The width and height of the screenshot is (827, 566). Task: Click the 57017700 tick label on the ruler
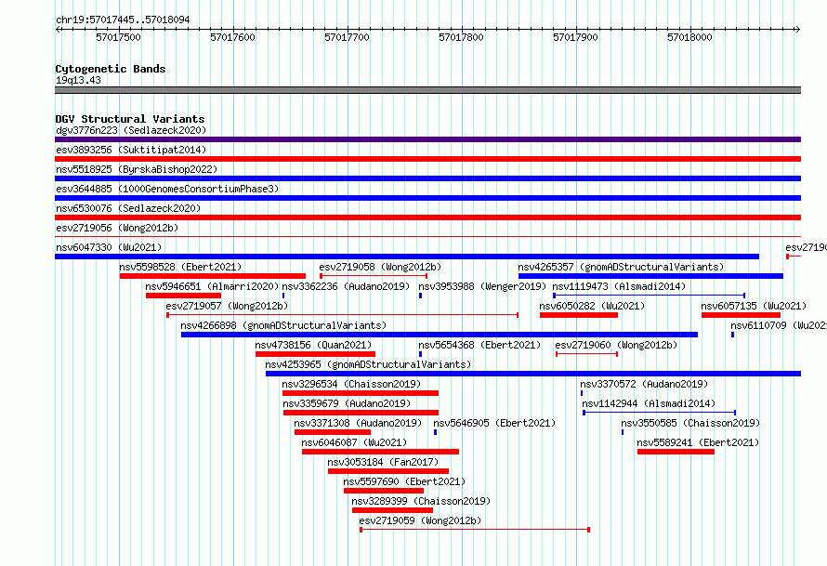[x=347, y=37]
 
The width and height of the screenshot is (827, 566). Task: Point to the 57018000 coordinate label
[x=689, y=37]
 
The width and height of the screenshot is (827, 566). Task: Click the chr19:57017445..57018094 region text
[x=123, y=20]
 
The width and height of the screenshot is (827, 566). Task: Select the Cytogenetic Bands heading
[x=111, y=69]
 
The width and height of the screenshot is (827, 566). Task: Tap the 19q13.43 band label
[x=78, y=80]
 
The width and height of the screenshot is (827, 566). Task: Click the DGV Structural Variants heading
[x=130, y=119]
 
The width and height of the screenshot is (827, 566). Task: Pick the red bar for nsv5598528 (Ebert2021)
[x=213, y=276]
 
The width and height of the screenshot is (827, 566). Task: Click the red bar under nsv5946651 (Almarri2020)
[x=184, y=296]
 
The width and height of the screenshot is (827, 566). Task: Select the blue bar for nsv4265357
[x=650, y=276]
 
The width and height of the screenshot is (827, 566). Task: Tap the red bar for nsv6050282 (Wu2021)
[x=579, y=315]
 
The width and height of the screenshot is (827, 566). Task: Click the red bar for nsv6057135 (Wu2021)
[x=741, y=315]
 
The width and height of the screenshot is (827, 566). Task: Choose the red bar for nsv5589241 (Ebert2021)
[x=676, y=452]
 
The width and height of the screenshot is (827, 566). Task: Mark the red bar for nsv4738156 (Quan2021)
[x=315, y=354]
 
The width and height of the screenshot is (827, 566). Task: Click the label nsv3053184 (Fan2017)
[x=383, y=462]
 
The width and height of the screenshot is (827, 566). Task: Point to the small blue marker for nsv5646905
[x=435, y=432]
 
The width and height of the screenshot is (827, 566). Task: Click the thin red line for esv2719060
[x=586, y=354]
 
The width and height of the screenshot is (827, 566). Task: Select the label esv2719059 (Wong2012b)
[x=420, y=520]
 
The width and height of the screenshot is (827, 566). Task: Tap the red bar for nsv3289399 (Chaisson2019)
[x=392, y=510]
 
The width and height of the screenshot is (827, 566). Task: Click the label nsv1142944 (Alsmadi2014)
[x=649, y=403]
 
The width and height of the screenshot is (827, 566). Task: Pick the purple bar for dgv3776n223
[x=427, y=139]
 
